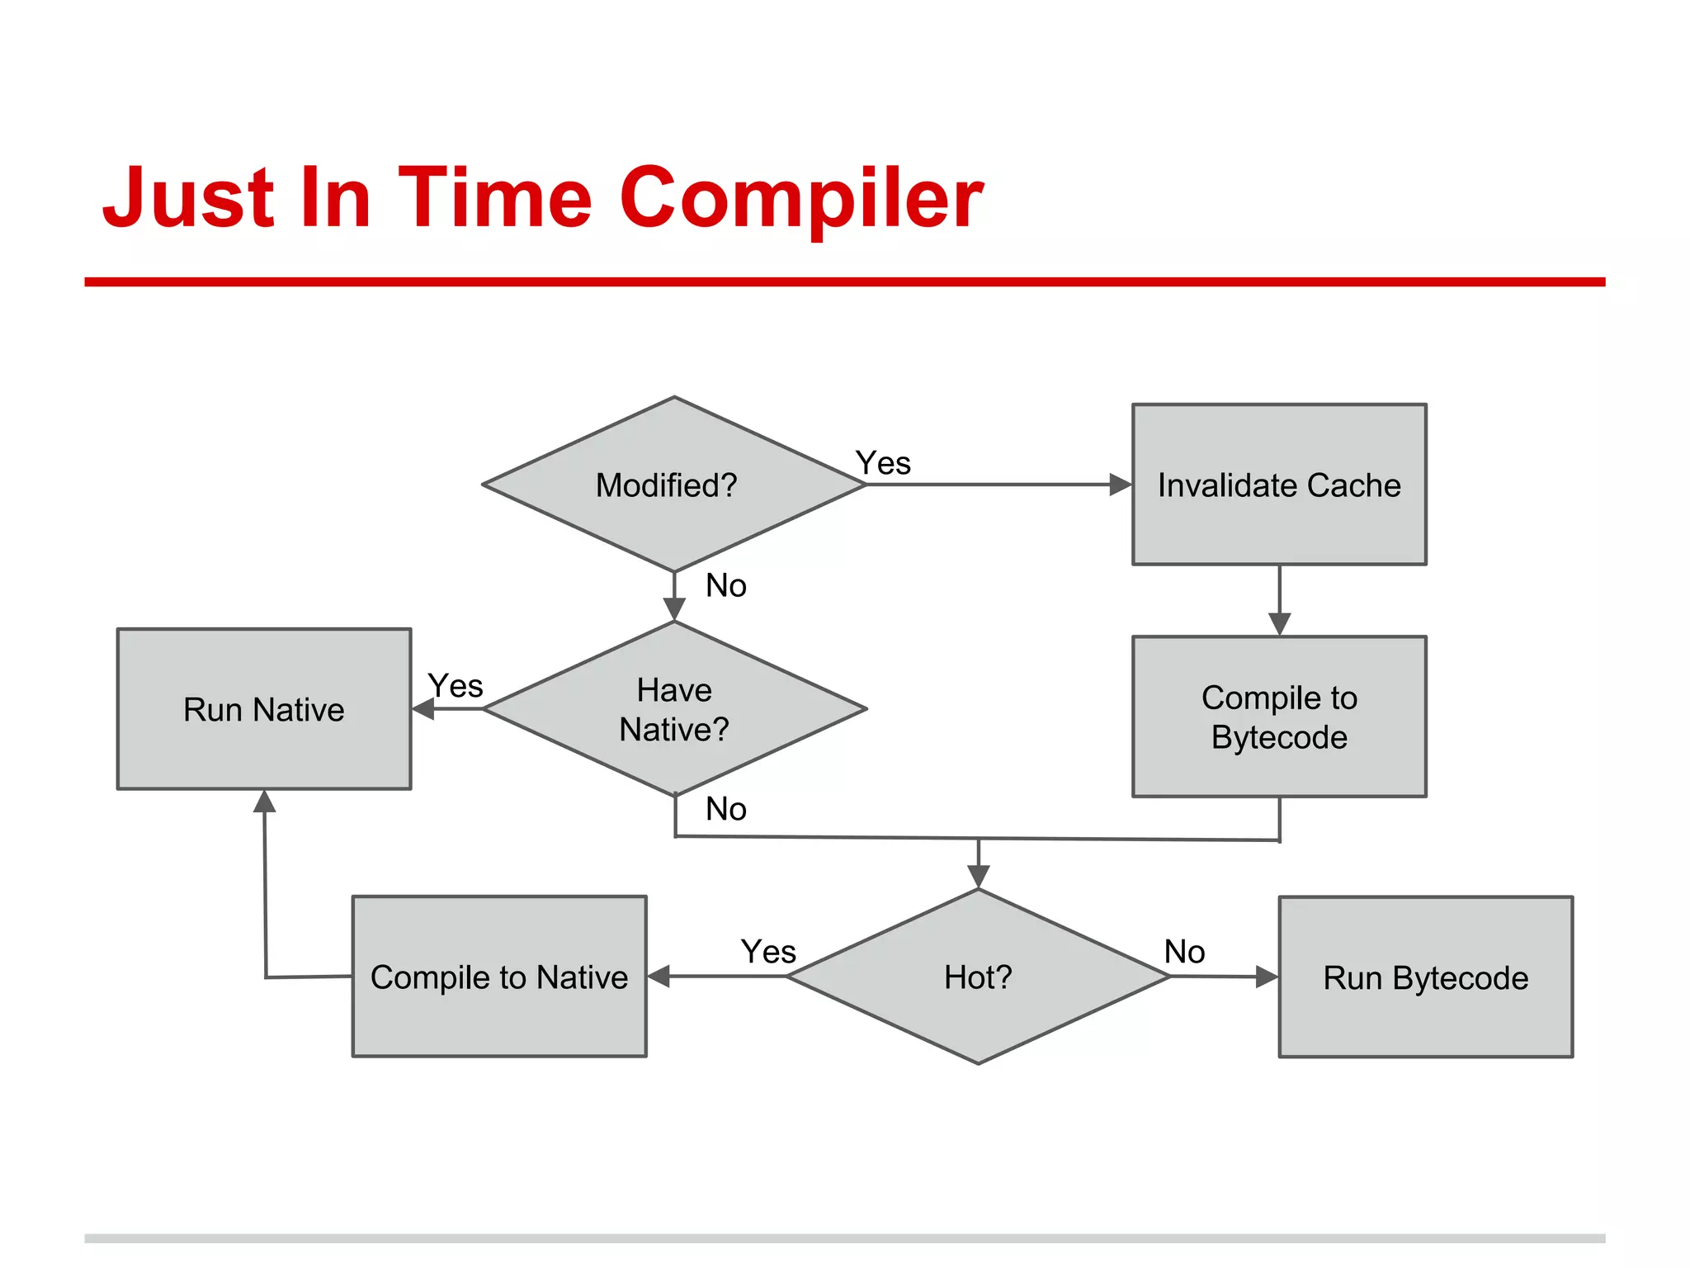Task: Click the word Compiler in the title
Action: (x=800, y=198)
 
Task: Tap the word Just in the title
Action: (x=188, y=198)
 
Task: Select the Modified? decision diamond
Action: (x=673, y=485)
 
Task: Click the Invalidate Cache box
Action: (x=1279, y=485)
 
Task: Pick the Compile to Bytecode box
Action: (x=1279, y=717)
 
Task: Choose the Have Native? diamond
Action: (x=673, y=709)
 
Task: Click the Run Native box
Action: (x=264, y=709)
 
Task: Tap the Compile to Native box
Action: (x=499, y=977)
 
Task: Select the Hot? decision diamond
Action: (x=978, y=977)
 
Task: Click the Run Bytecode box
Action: (x=1425, y=977)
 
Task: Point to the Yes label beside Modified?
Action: (x=883, y=463)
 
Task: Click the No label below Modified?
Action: (x=726, y=586)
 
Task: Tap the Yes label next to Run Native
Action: (x=456, y=686)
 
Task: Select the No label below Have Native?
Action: (x=726, y=809)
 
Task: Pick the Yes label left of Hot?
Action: (x=768, y=952)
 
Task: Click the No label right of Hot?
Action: (x=1184, y=952)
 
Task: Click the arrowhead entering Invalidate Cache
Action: (x=1121, y=485)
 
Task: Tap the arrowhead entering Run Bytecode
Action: (x=1267, y=977)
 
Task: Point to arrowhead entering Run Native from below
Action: (x=264, y=801)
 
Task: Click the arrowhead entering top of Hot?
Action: (x=978, y=877)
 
